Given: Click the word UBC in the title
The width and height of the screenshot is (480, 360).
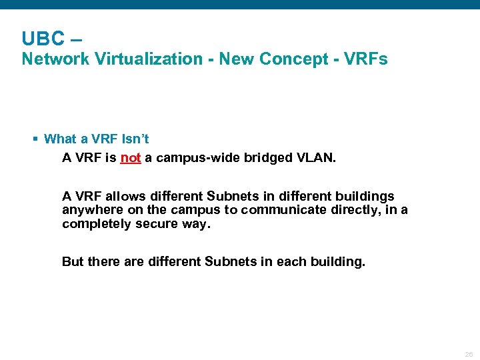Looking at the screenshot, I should click(43, 38).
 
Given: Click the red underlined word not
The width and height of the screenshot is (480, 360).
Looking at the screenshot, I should click(131, 158).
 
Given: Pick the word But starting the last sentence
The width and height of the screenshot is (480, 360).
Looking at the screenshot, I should click(73, 261).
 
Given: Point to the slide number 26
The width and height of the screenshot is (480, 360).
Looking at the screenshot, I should click(469, 354).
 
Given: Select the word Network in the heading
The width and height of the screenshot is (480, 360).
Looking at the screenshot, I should click(55, 59).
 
